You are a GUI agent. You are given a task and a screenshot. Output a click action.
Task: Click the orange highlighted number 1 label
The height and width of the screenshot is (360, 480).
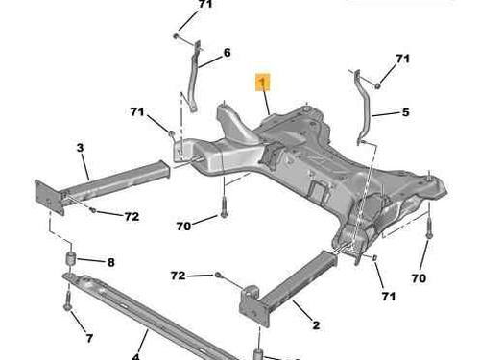coord(262,83)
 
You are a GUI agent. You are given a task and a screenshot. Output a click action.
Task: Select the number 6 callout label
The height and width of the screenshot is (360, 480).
coord(227,53)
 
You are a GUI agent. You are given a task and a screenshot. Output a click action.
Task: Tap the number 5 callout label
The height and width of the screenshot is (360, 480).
coord(405,112)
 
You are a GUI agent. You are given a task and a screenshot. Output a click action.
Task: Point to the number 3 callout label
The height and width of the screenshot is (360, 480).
coord(80,148)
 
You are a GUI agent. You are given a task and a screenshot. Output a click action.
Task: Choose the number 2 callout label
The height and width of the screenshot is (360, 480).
coord(316,325)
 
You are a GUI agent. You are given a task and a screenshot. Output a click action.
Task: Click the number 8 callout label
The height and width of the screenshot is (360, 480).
coord(110,262)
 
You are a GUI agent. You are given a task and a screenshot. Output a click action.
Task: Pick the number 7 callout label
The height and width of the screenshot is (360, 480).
coord(89,338)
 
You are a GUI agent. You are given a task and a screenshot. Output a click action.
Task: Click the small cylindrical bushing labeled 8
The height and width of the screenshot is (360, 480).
coord(70,258)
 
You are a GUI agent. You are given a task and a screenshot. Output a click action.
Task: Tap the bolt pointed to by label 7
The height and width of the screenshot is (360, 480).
coord(67,301)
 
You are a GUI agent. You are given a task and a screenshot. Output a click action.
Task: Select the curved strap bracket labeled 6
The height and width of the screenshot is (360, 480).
coord(193,77)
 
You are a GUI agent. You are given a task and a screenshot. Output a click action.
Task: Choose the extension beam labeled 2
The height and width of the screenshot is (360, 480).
coord(288,290)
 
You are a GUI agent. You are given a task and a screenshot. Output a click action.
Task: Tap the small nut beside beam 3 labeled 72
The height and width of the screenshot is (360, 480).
coord(92,210)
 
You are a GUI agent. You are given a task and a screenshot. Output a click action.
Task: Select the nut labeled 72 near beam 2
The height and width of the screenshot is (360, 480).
coord(217,275)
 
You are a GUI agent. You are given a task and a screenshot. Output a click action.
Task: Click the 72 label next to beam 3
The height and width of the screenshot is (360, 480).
coord(132,217)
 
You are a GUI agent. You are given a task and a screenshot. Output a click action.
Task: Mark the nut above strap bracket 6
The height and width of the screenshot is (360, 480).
coord(176,36)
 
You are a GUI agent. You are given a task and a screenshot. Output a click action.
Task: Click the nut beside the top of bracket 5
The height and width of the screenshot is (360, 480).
coord(377,85)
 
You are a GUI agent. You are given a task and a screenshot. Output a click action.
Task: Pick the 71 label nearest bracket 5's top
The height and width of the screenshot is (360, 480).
coord(402,59)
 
